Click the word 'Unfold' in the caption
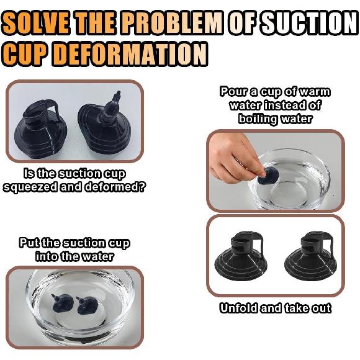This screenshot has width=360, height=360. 239,308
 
